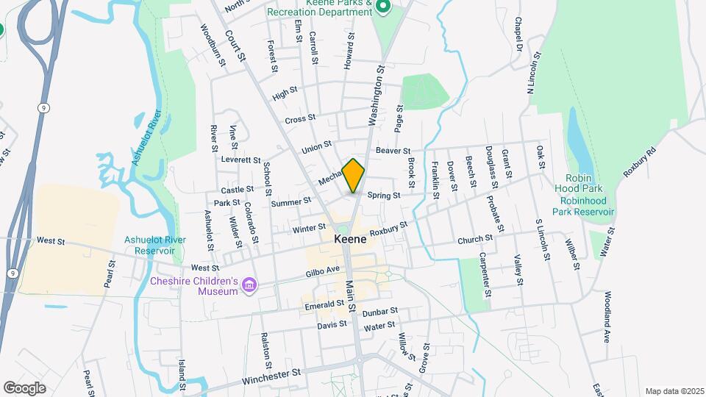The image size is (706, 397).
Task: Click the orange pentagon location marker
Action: coord(354,176)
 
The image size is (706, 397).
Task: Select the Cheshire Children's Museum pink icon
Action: coord(249,285)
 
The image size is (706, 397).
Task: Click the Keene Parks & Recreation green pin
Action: coord(382,7)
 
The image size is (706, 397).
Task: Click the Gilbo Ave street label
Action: coord(323,271)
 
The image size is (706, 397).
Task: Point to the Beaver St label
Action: coord(393,151)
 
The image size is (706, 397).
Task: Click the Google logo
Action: coord(25,387)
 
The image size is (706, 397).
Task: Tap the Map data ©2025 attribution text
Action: coord(674,391)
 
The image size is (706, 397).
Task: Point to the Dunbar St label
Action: coord(380,312)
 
